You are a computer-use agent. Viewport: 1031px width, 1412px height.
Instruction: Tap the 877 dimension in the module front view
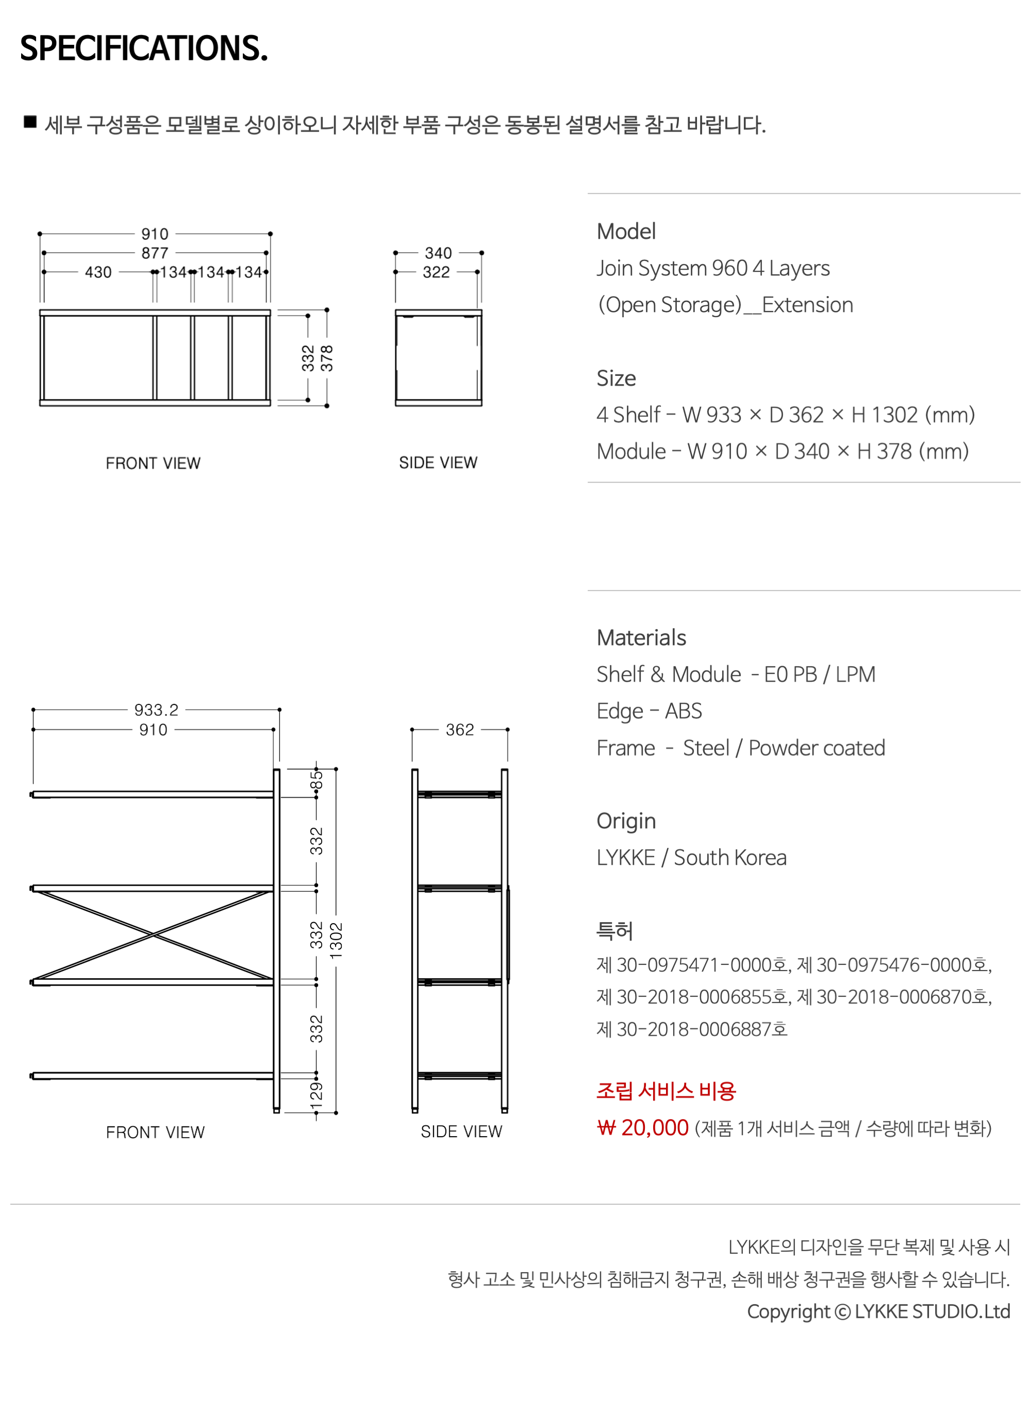click(155, 253)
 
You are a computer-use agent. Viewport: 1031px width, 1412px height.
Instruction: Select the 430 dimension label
click(98, 272)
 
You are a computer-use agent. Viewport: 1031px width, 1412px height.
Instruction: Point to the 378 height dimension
click(327, 358)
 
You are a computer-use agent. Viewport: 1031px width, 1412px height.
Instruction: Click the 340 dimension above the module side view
click(438, 253)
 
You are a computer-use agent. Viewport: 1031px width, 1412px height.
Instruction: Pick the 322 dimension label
click(436, 272)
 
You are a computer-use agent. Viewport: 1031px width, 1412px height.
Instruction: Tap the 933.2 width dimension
click(156, 710)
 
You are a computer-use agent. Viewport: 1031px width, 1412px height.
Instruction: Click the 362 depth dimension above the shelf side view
click(460, 730)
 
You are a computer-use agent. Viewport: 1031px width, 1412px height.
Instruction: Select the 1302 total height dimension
click(337, 940)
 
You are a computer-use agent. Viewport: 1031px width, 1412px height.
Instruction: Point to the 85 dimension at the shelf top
click(317, 780)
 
